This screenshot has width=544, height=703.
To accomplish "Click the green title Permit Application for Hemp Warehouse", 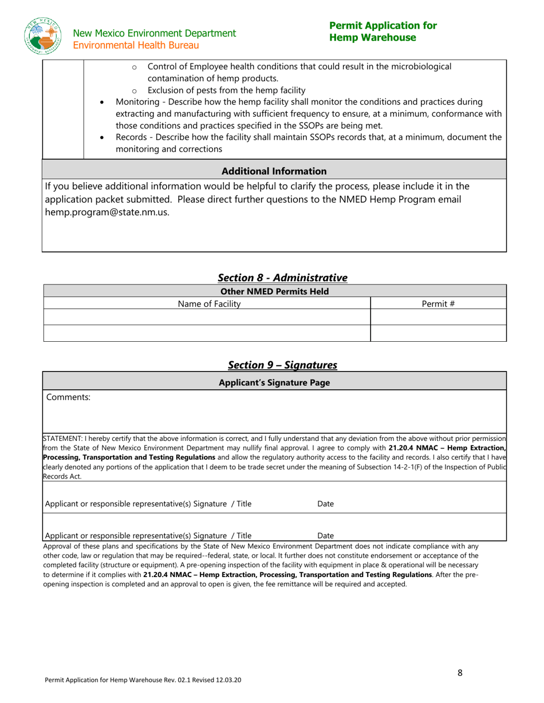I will [x=383, y=31].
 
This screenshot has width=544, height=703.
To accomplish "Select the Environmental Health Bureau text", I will [x=136, y=45].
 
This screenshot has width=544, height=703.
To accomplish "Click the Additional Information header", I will [x=274, y=171].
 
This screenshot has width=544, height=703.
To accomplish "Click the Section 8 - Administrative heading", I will [x=282, y=278].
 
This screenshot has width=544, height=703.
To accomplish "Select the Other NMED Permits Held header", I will [x=275, y=291].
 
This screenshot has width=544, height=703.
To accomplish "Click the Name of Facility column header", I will [x=209, y=304].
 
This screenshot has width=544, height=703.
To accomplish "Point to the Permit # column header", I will [x=438, y=304].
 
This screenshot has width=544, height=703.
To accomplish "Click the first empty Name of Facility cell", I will [x=207, y=317].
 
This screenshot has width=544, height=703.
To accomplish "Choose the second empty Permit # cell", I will [x=438, y=333].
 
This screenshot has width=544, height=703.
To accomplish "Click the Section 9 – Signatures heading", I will [x=282, y=365].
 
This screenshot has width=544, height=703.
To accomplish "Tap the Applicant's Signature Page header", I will [x=275, y=383].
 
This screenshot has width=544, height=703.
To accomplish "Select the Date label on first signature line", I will [x=325, y=504].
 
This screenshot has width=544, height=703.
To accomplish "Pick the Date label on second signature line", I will [x=325, y=536].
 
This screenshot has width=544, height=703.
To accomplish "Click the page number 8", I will [x=460, y=673].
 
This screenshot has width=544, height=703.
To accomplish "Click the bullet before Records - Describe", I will [x=103, y=138].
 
